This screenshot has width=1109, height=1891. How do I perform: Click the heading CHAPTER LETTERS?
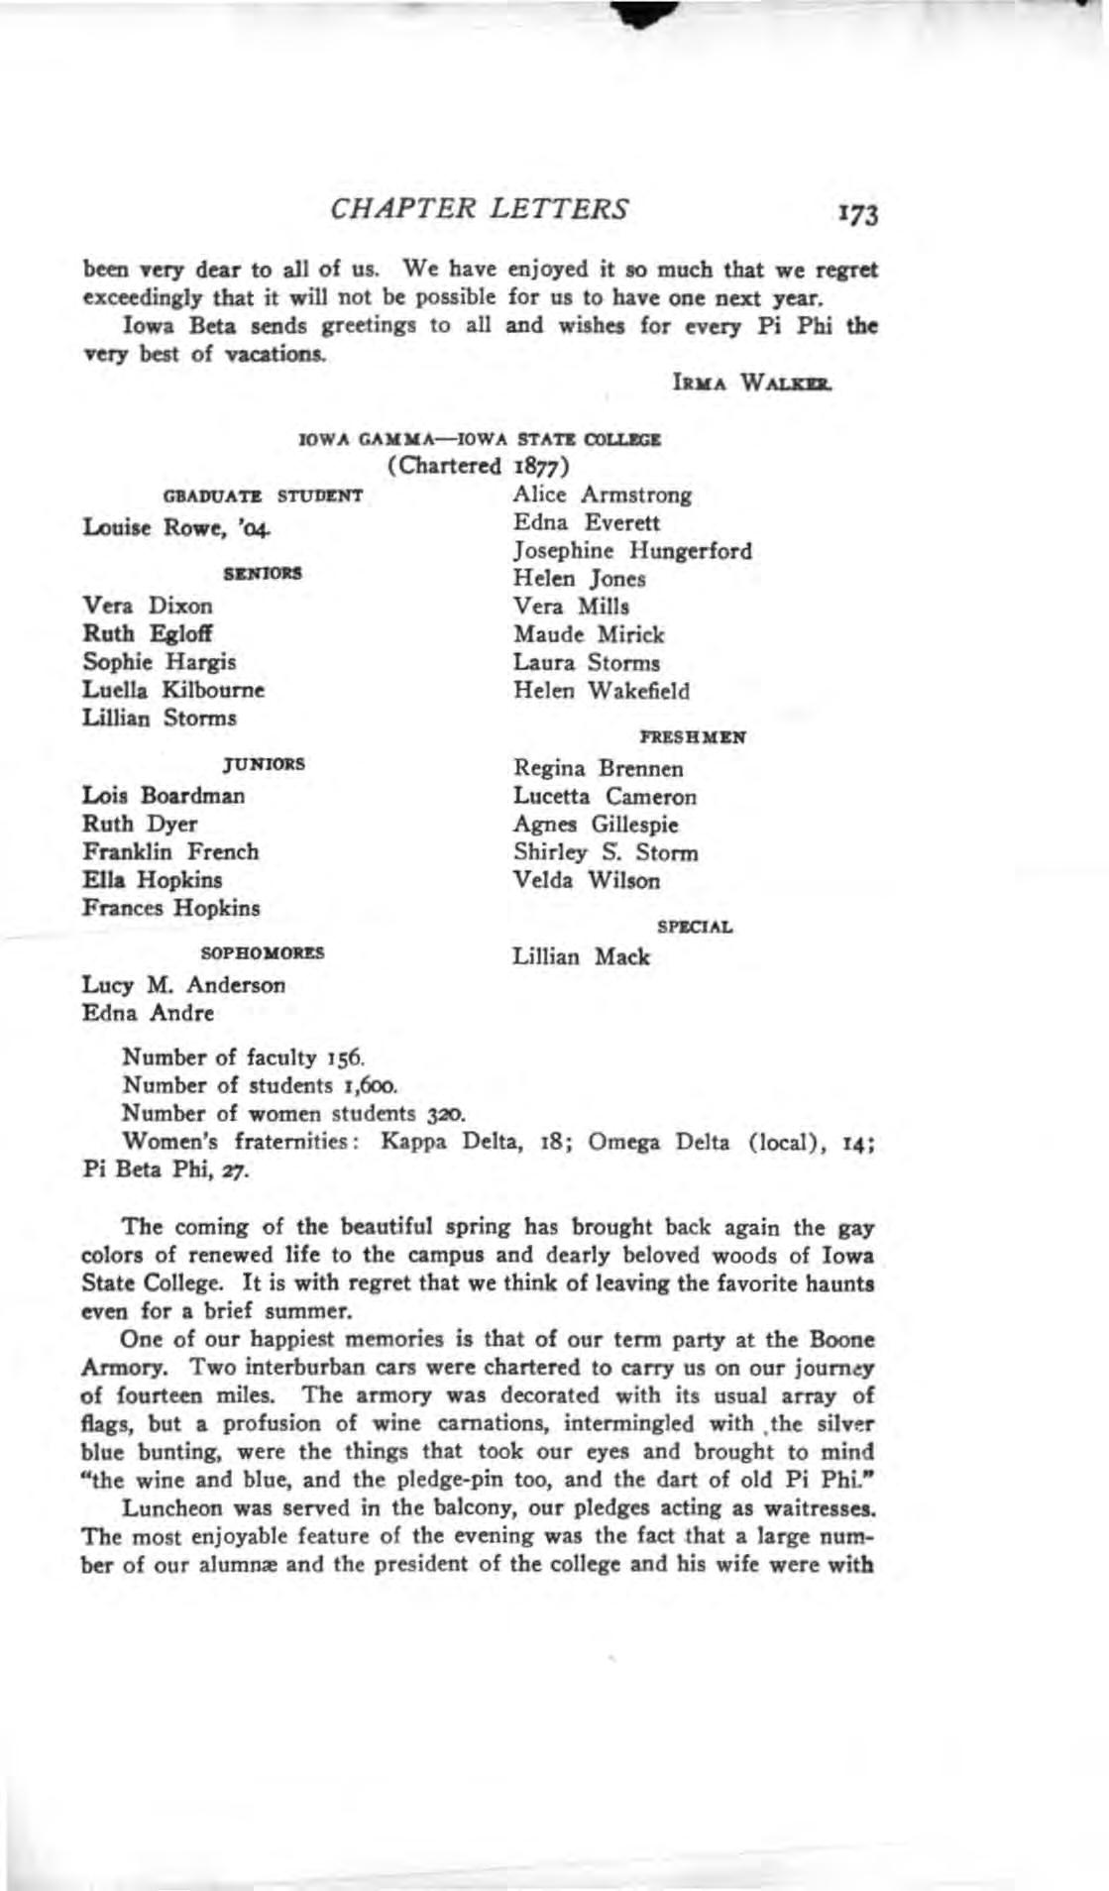pos(480,209)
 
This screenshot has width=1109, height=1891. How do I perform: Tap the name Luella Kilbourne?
pos(173,689)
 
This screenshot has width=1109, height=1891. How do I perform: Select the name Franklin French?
pos(170,851)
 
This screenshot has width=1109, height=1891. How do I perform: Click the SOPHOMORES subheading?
pos(263,952)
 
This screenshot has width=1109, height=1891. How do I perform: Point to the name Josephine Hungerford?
pos(632,550)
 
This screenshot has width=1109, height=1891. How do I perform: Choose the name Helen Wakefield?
pos(602,691)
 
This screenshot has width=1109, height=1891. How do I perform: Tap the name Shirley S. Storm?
pos(606,852)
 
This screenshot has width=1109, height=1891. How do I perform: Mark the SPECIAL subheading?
pos(694,928)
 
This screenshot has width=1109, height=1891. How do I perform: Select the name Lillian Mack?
pos(582,957)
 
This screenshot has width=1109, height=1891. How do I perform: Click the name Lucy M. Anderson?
pos(184,985)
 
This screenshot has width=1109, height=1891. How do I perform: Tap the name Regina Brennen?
pos(599,768)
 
